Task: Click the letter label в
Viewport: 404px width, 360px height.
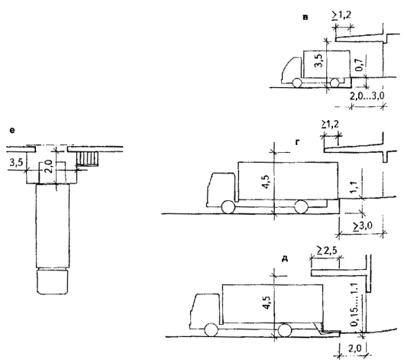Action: (x=305, y=18)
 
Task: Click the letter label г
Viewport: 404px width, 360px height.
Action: (x=298, y=142)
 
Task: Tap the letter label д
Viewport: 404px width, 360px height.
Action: (x=285, y=258)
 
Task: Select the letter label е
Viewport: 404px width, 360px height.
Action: (x=12, y=131)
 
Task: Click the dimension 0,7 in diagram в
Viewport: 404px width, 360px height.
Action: (x=359, y=64)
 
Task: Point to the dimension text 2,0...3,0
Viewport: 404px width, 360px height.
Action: (x=367, y=96)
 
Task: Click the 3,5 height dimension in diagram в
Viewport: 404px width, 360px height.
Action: (x=318, y=60)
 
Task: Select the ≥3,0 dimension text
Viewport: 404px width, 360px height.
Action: (x=363, y=226)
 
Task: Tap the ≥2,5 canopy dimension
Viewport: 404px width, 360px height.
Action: (x=327, y=251)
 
